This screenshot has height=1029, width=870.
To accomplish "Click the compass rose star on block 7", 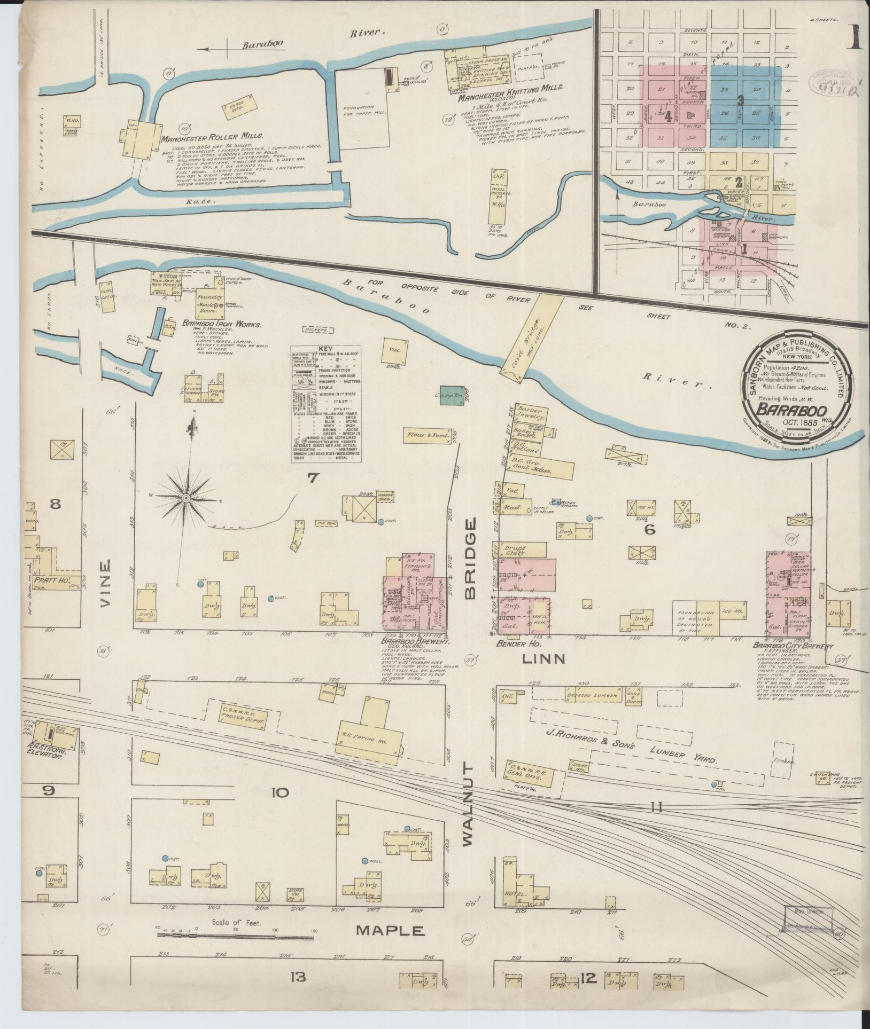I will [x=186, y=498].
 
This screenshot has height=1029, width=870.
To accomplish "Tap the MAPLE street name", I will [x=390, y=931].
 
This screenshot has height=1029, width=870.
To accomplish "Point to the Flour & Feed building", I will [x=428, y=435].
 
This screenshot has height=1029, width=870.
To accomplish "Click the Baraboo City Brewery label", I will [x=793, y=646].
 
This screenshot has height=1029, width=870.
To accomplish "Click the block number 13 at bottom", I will [x=297, y=992].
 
